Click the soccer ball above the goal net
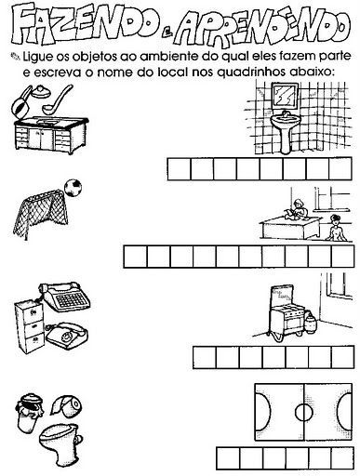tap(73, 188)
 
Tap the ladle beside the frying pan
tap(58, 99)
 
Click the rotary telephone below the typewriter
tap(67, 335)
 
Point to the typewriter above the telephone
tap(65, 296)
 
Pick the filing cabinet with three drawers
tap(30, 326)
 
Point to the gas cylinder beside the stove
tap(311, 324)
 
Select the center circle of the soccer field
tap(304, 412)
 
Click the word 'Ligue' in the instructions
tap(38, 58)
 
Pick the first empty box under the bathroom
tap(179, 169)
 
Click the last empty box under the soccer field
tap(342, 458)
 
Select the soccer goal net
tap(40, 213)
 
